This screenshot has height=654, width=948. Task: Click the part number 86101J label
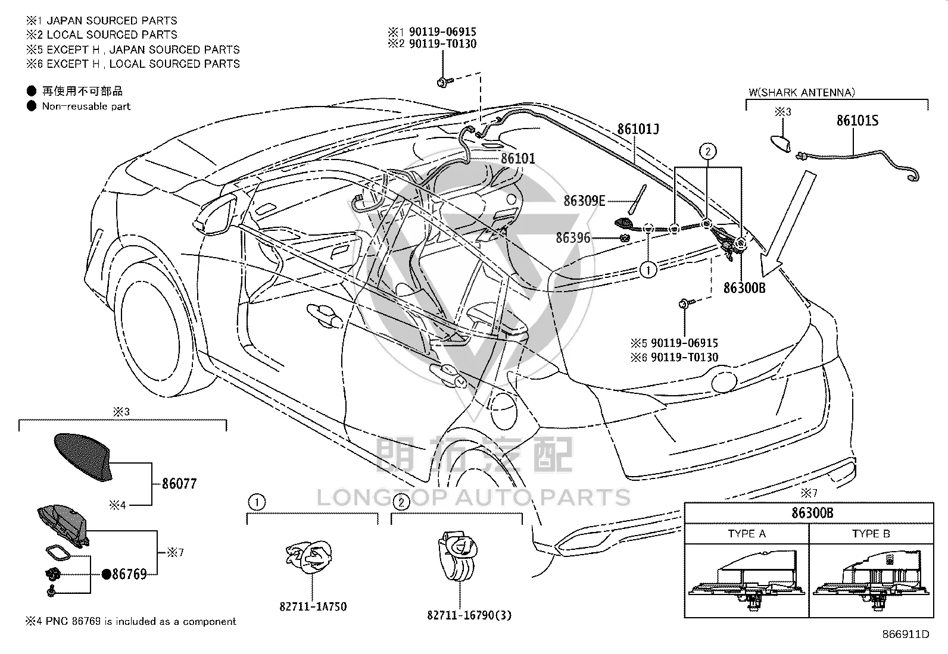point(638,129)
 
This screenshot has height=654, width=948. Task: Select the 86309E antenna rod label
point(584,201)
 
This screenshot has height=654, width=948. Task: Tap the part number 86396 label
point(573,238)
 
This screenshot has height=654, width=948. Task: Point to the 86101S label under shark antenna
point(857,121)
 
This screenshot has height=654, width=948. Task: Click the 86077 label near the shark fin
point(179,484)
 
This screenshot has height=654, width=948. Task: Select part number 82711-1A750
point(313,606)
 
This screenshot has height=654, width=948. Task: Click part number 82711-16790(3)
point(469,615)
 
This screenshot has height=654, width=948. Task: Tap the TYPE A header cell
point(747,533)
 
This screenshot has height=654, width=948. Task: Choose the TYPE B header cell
point(871,533)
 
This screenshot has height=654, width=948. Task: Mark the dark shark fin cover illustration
point(83,457)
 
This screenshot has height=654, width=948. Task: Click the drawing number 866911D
point(905,634)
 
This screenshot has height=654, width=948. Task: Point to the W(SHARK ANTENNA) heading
point(802,92)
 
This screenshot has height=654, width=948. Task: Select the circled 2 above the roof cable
point(707,151)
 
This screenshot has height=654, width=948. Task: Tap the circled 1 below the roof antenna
point(648,270)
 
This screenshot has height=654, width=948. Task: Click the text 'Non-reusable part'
point(86,106)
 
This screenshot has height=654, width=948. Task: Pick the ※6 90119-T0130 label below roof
point(674,358)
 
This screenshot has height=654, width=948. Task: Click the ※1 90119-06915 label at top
point(432,32)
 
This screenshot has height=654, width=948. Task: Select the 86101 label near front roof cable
point(518,159)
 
